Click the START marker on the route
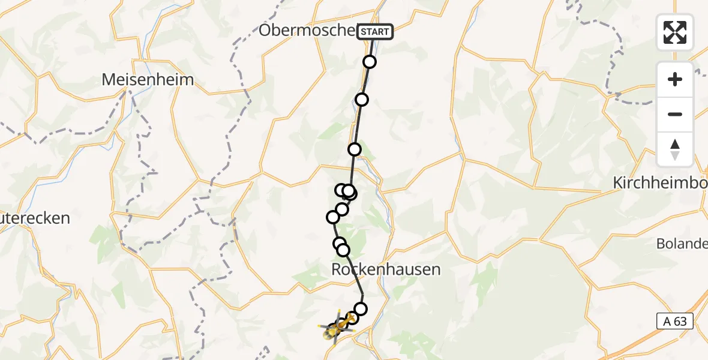[375, 31]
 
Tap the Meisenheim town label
[148, 79]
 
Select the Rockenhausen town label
[386, 269]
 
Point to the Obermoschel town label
[307, 30]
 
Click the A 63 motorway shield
[676, 322]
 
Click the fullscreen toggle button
[675, 32]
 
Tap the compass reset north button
[675, 149]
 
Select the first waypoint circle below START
[370, 62]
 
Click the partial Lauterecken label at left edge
[35, 218]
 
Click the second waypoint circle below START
[361, 100]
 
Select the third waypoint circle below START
[355, 149]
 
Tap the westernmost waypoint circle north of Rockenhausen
[333, 217]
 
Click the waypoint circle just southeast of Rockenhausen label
[361, 309]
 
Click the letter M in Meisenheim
[109, 79]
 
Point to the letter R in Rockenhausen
[337, 270]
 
